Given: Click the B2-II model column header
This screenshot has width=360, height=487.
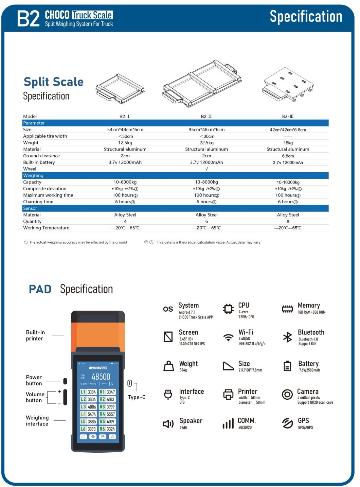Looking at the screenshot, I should (x=206, y=116).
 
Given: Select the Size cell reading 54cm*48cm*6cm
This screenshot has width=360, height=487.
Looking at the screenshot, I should (x=125, y=129).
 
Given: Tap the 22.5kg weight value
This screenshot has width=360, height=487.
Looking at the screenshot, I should (x=206, y=143).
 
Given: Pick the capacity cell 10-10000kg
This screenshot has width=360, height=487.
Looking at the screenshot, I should (x=288, y=182).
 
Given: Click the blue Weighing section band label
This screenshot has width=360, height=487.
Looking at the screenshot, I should (x=33, y=175).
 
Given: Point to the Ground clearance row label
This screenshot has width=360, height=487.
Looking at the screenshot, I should (x=41, y=156).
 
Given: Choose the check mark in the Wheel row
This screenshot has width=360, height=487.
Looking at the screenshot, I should (x=206, y=169).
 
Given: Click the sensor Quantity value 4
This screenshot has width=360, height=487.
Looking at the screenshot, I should (x=125, y=221).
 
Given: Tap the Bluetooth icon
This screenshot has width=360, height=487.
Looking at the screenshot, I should (x=287, y=337).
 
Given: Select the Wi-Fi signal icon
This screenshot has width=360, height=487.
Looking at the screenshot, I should (x=228, y=337).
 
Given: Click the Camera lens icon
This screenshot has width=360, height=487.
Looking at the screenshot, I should (x=287, y=394).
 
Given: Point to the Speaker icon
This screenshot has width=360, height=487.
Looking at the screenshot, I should (x=168, y=424).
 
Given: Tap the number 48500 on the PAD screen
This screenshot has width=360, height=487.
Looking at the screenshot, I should (x=101, y=377).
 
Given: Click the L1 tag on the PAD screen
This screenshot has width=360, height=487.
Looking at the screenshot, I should (x=83, y=392).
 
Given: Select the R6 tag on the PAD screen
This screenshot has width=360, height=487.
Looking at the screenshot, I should (x=102, y=429).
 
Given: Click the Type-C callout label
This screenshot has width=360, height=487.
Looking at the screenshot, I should (x=137, y=397).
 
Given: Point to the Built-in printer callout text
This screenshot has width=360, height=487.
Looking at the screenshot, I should (x=35, y=335).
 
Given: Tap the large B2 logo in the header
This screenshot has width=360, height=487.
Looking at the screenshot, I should (x=29, y=18).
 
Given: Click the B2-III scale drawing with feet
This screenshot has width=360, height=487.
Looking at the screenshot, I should (x=288, y=85).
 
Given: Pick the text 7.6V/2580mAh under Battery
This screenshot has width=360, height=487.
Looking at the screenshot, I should (x=309, y=370).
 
